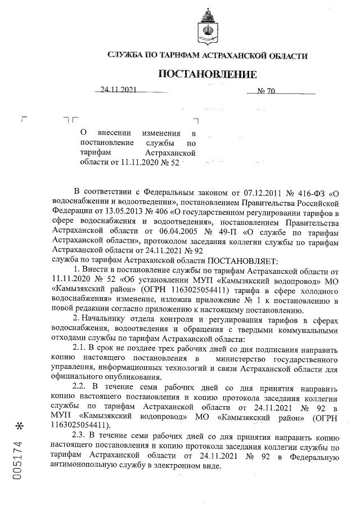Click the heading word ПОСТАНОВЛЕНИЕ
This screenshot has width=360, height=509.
(x=208, y=75)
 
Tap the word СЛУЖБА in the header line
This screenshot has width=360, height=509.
(x=127, y=56)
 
